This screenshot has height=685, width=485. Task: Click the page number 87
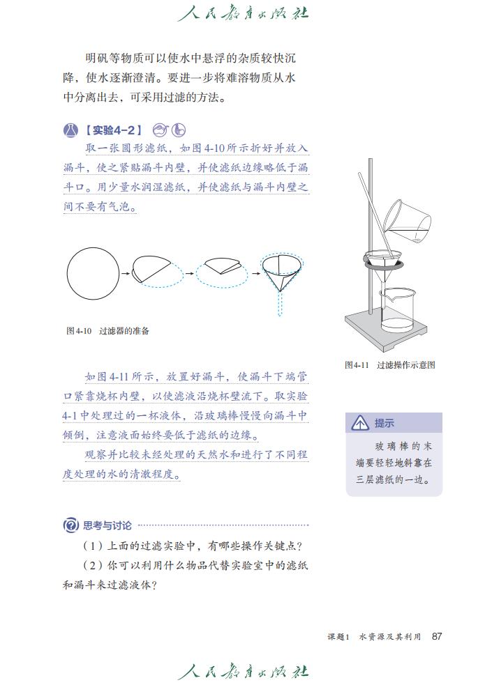438,636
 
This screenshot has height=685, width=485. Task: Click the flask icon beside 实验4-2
70,130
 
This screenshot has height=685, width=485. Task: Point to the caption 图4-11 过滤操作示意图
389,364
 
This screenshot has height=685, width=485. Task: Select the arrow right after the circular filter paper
125,274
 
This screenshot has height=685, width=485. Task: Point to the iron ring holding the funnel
383,263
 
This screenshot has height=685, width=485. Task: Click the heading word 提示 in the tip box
385,423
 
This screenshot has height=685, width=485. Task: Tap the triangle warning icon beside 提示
360,423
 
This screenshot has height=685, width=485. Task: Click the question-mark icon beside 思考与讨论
70,525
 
